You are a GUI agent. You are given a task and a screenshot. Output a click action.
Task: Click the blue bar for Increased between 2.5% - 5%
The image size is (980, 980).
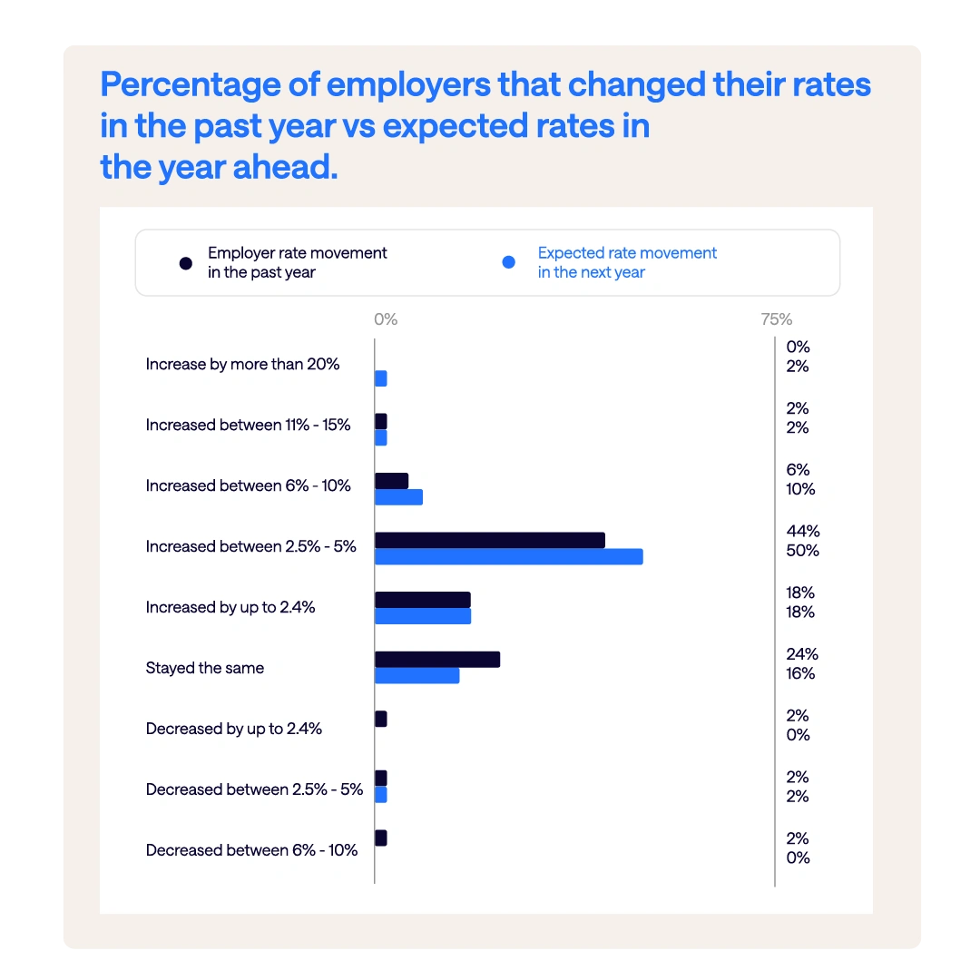508,556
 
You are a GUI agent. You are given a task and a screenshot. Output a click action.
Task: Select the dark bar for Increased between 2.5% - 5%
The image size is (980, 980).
489,540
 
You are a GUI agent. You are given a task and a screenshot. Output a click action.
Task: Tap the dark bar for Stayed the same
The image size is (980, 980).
436,660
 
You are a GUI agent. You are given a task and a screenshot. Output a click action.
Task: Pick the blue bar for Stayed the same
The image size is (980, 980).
416,676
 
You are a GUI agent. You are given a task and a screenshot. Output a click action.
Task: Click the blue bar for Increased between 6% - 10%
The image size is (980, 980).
398,497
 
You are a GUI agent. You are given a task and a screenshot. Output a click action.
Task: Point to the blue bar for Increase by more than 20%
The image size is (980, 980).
381,378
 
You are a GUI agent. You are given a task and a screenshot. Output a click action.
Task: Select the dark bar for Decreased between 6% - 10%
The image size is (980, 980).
381,838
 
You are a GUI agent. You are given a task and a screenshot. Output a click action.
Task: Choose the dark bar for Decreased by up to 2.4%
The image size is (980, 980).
381,719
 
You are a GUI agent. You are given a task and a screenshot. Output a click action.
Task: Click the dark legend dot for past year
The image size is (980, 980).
186,263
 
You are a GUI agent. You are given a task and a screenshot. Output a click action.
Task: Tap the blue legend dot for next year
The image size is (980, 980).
509,263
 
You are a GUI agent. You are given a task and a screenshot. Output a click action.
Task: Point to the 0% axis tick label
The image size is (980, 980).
386,319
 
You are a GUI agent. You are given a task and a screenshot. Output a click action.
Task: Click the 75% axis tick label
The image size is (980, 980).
776,319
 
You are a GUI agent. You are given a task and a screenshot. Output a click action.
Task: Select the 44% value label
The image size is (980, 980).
803,531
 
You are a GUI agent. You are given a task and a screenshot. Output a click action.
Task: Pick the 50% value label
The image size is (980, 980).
803,551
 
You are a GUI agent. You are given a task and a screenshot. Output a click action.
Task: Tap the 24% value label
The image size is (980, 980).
802,653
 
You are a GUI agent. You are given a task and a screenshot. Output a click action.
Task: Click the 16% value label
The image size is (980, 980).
800,673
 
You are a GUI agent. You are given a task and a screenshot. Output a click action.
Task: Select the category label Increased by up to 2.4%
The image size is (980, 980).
230,607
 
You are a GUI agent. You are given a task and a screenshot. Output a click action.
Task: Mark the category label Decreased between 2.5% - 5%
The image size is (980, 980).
254,789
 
